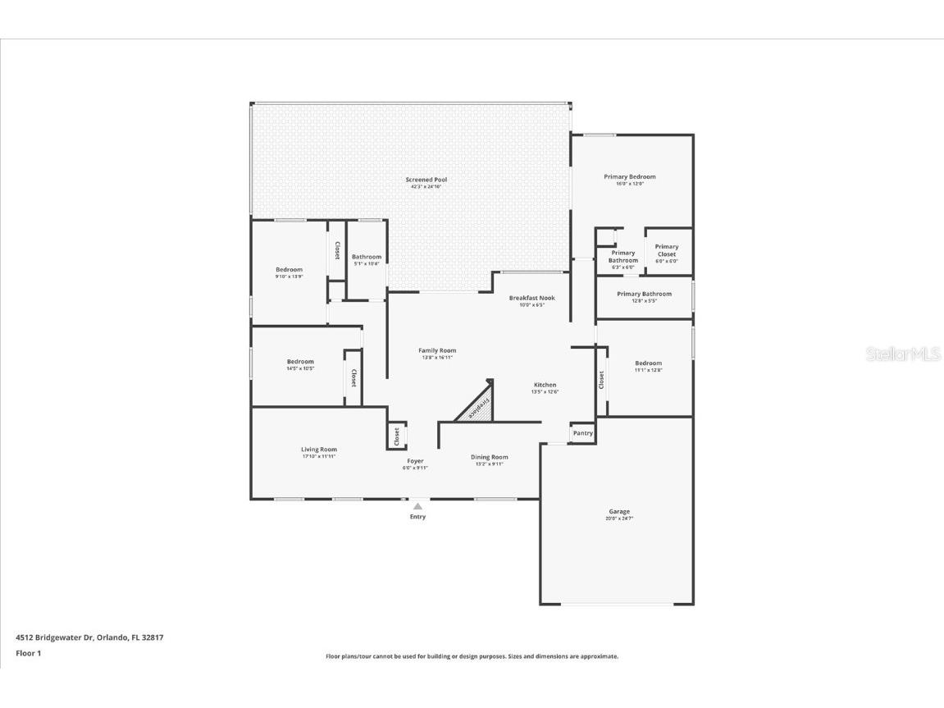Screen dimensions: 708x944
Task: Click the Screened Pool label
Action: pyautogui.click(x=426, y=180)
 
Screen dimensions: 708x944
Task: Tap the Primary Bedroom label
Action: pyautogui.click(x=629, y=176)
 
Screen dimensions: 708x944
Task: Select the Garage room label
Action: pyautogui.click(x=619, y=512)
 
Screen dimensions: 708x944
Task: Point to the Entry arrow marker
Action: pyautogui.click(x=417, y=507)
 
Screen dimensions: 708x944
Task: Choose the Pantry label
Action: pyautogui.click(x=582, y=433)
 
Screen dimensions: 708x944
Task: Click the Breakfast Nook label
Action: pyautogui.click(x=531, y=298)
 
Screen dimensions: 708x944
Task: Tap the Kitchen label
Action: pyautogui.click(x=545, y=385)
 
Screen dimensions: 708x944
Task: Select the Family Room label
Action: pyautogui.click(x=436, y=350)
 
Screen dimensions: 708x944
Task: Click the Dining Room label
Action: pyautogui.click(x=489, y=457)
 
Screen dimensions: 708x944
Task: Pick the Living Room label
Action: pyautogui.click(x=318, y=450)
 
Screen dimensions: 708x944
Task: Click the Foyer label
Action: pyautogui.click(x=415, y=461)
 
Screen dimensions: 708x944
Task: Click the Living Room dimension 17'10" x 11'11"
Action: pyautogui.click(x=318, y=457)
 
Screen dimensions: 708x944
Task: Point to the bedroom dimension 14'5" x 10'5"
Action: pyautogui.click(x=300, y=369)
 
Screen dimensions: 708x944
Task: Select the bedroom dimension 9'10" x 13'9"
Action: pyautogui.click(x=289, y=277)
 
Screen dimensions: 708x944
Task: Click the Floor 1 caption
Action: pyautogui.click(x=28, y=653)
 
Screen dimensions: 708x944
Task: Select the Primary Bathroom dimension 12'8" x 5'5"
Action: pyautogui.click(x=644, y=301)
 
